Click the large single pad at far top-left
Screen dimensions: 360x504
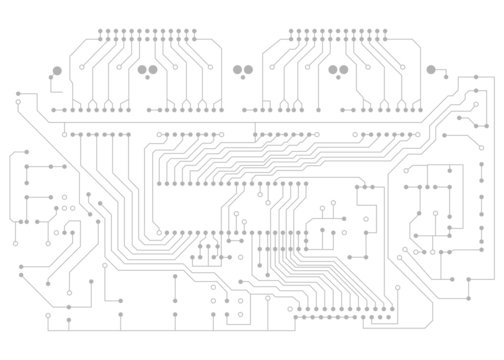tap(57, 69)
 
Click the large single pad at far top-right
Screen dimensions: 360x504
tap(431, 69)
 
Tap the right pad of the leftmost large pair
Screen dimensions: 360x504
tap(153, 69)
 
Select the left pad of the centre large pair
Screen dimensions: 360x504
tap(237, 69)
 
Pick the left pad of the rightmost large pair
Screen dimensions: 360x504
tap(332, 69)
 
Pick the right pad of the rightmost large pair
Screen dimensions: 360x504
tap(343, 69)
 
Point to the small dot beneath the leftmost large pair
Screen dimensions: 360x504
tap(148, 78)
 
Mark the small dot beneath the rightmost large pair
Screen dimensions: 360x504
tap(338, 78)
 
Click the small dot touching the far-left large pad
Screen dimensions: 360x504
tap(52, 78)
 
